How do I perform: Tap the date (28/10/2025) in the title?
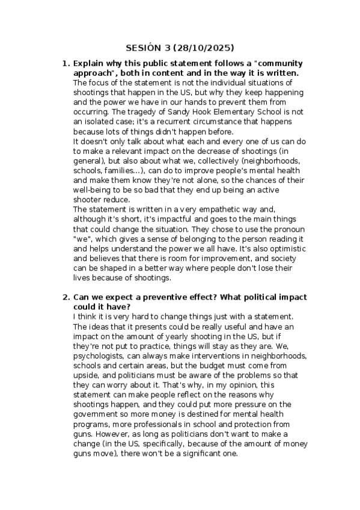[203, 48]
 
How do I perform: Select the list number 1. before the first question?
[66, 63]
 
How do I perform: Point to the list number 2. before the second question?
[66, 298]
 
